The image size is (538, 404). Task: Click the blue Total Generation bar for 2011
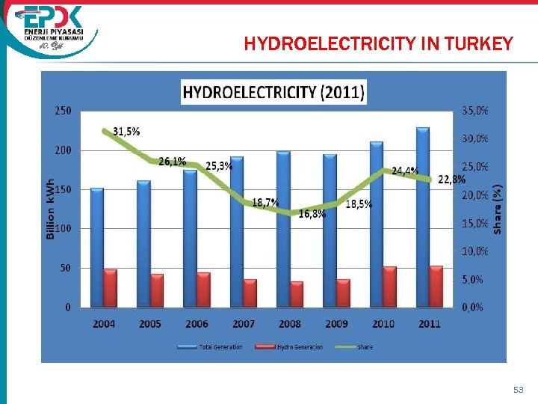coord(423,217)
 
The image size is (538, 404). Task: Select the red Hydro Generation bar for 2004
coord(110,288)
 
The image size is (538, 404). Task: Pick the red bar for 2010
coord(389,287)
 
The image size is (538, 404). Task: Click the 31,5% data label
coord(126,131)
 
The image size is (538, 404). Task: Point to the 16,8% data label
coord(312,214)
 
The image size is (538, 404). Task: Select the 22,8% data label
coord(451,180)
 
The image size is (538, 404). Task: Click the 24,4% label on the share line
coord(405,171)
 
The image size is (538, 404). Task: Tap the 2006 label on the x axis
coord(197,323)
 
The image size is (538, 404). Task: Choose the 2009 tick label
coord(336,323)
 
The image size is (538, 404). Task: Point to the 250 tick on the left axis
coord(63,111)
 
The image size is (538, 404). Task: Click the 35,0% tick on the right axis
coord(475,111)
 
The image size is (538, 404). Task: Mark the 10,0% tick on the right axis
coord(475,251)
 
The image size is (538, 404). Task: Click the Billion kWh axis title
coord(51,209)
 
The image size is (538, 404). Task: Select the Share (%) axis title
coord(498,209)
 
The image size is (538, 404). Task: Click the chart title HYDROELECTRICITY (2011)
coord(273,93)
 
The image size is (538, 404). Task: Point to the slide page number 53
coord(518,390)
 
